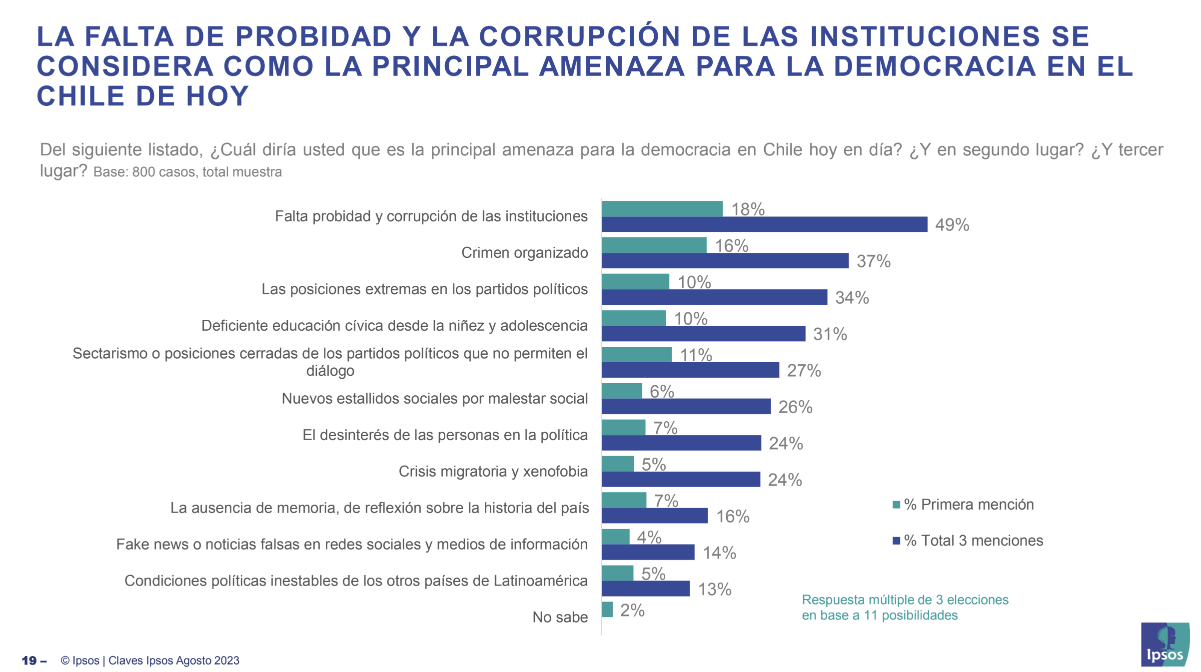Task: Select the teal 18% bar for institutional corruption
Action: click(662, 209)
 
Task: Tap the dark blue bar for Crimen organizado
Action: click(725, 261)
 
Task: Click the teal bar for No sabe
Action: click(607, 610)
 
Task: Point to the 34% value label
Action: click(852, 298)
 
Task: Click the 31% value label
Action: click(830, 334)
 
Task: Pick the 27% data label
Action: click(804, 371)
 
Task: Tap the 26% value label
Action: click(795, 407)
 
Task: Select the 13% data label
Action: click(715, 590)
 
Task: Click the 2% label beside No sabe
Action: click(632, 611)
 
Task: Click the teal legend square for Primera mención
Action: click(896, 505)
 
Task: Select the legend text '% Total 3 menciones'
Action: click(973, 541)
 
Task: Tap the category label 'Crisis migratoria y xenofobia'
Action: click(493, 472)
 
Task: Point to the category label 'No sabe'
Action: click(560, 618)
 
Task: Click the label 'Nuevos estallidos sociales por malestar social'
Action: click(434, 399)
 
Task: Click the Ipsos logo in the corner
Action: click(1165, 645)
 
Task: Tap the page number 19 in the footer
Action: click(29, 661)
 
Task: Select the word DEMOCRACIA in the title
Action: click(935, 66)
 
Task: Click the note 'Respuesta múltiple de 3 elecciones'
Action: click(905, 600)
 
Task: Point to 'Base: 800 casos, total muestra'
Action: click(187, 172)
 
